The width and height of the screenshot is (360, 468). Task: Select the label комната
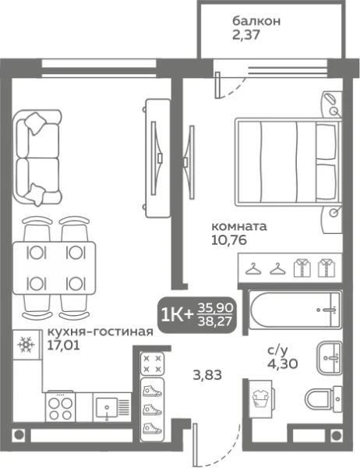[x=239, y=227]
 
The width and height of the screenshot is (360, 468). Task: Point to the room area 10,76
[x=229, y=242]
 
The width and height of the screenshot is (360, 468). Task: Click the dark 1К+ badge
[x=175, y=314]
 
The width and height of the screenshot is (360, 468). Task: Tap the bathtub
[x=293, y=312]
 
